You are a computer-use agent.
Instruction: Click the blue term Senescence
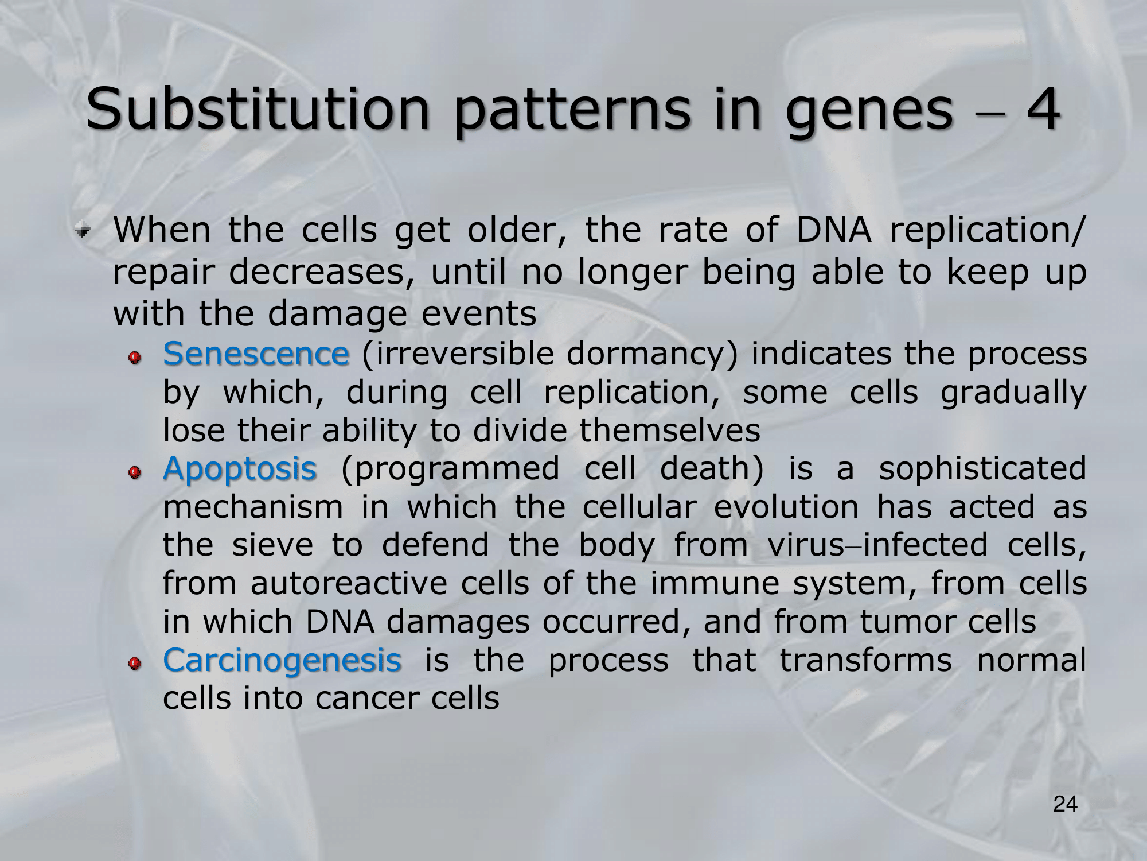click(256, 354)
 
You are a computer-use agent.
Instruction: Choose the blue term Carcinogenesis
click(282, 661)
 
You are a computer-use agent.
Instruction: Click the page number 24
click(1066, 804)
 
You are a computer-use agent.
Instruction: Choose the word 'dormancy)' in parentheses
click(653, 355)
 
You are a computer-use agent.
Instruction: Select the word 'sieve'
click(272, 545)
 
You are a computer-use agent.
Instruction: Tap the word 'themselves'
click(670, 430)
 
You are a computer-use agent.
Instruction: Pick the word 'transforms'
click(865, 660)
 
